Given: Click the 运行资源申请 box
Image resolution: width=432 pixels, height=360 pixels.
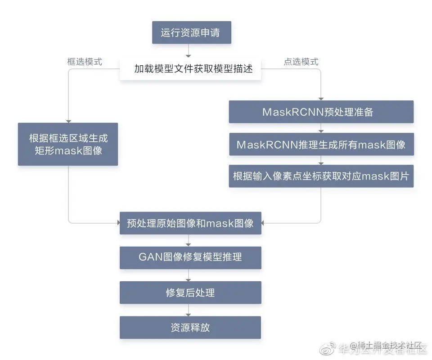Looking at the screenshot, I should (x=192, y=33).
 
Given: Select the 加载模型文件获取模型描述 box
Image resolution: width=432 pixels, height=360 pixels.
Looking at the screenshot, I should (x=190, y=69).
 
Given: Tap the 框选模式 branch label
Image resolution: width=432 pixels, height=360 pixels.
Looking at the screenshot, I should (x=85, y=62).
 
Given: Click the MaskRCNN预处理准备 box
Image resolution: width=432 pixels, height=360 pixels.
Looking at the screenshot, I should (x=321, y=112).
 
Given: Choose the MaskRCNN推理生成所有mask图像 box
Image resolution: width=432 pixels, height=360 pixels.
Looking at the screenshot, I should (x=321, y=144).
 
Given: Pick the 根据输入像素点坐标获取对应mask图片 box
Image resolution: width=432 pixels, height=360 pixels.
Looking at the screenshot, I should (x=321, y=176).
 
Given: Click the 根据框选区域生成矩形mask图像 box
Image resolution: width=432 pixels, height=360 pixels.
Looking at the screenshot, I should (x=68, y=144).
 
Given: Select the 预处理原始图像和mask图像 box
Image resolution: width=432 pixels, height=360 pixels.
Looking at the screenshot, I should (x=190, y=223).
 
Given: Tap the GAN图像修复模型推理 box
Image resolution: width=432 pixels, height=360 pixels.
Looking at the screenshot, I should (x=190, y=258).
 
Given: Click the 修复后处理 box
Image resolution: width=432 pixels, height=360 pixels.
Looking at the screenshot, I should (x=190, y=292).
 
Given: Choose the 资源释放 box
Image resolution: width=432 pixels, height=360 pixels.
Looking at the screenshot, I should (x=190, y=327).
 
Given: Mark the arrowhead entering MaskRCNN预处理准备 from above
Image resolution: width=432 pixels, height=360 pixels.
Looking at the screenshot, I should (x=321, y=98).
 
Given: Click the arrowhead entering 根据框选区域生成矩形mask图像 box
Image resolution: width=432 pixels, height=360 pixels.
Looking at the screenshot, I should (x=68, y=120).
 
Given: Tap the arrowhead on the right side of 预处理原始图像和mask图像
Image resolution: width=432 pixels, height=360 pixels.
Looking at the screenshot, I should (x=264, y=223).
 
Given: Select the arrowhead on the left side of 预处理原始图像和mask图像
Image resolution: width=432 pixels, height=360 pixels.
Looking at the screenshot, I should (x=117, y=223).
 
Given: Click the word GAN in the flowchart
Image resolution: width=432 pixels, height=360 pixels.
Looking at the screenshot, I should (x=148, y=257).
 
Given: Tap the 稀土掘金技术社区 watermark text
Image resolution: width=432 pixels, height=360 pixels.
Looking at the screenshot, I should (x=388, y=346).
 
